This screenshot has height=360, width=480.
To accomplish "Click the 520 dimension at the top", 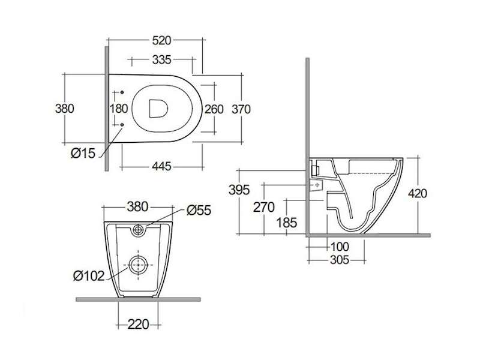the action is (x=161, y=40).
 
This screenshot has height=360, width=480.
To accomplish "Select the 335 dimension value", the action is (x=161, y=59).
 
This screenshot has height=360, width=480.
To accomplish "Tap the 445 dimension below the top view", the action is (x=161, y=167).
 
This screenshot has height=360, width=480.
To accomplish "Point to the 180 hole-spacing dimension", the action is (x=119, y=109).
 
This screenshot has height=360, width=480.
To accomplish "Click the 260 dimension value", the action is (x=214, y=109).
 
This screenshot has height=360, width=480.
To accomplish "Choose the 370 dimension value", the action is (x=241, y=109).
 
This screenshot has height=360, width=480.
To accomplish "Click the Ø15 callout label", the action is (x=83, y=153).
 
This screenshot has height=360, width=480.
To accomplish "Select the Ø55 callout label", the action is (x=199, y=211).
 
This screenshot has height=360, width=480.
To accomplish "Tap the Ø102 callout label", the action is (x=89, y=276).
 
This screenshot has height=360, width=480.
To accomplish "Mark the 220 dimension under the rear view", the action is (x=138, y=324).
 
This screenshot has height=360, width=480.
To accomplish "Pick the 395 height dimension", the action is (x=239, y=190).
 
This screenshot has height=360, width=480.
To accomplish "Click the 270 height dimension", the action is (x=263, y=208).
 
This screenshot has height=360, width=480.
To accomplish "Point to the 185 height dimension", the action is (x=287, y=223).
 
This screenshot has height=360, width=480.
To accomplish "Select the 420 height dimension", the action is (x=418, y=193).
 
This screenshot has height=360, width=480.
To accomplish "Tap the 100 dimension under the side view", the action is (x=340, y=247).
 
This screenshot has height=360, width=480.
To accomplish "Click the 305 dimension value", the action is (x=340, y=260).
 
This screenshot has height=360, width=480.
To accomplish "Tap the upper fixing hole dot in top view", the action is (x=122, y=92).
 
